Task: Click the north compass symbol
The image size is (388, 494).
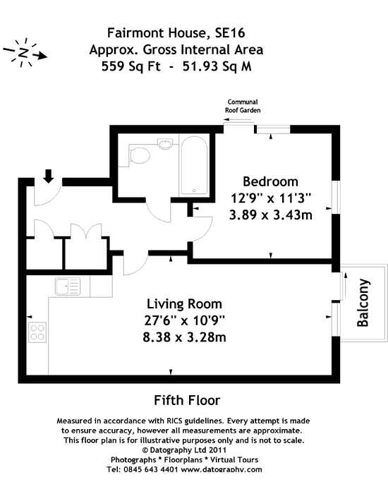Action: click(25, 53)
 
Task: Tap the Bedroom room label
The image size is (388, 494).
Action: click(270, 181)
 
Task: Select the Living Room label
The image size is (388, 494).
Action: click(186, 304)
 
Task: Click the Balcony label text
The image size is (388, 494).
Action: click(363, 303)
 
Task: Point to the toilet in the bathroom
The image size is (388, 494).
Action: click(140, 154)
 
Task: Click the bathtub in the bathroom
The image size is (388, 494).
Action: click(193, 166)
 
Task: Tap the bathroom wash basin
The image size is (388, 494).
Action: click(166, 145)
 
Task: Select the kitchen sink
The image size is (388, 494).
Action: click(68, 286)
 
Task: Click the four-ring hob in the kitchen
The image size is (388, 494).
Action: click(37, 332)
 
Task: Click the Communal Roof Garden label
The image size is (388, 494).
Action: click(244, 107)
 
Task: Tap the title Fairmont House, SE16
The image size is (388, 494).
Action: click(176, 32)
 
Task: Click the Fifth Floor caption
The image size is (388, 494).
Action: click(187, 400)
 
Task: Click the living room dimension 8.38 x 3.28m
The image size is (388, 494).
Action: click(185, 337)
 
